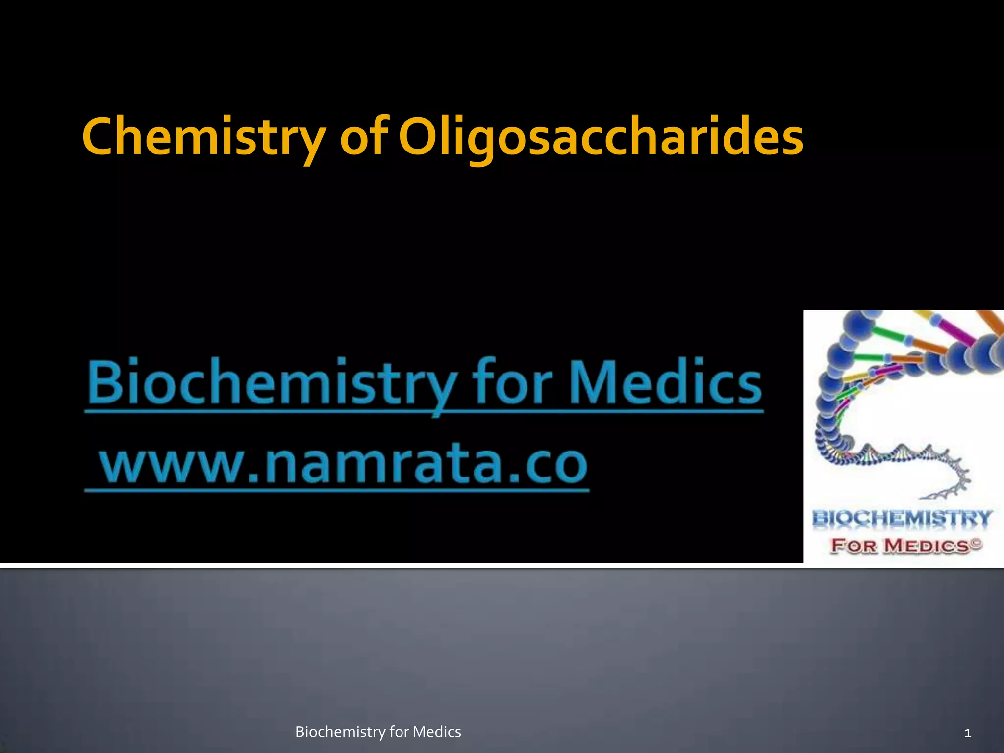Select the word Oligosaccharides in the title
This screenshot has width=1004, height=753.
click(x=601, y=137)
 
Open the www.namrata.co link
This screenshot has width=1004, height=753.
click(x=343, y=463)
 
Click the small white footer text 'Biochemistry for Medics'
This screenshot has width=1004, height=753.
click(x=378, y=732)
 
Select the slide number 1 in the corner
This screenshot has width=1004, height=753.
click(x=967, y=733)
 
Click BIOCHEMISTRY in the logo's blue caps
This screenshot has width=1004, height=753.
click(x=903, y=519)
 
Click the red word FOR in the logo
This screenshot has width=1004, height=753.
click(x=853, y=546)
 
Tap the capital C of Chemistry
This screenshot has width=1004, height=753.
click(x=100, y=137)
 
